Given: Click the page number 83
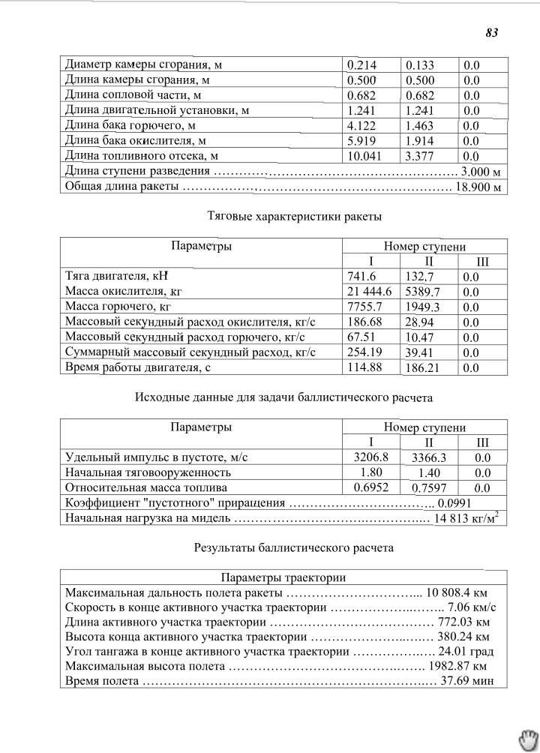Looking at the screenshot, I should click(492, 33).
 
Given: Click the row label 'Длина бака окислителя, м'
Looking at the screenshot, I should click(136, 140).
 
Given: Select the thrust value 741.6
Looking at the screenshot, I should click(360, 277).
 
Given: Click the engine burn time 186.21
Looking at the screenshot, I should click(422, 368).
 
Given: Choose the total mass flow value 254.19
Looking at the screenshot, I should click(364, 352).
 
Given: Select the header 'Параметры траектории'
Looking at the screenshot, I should click(283, 577).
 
